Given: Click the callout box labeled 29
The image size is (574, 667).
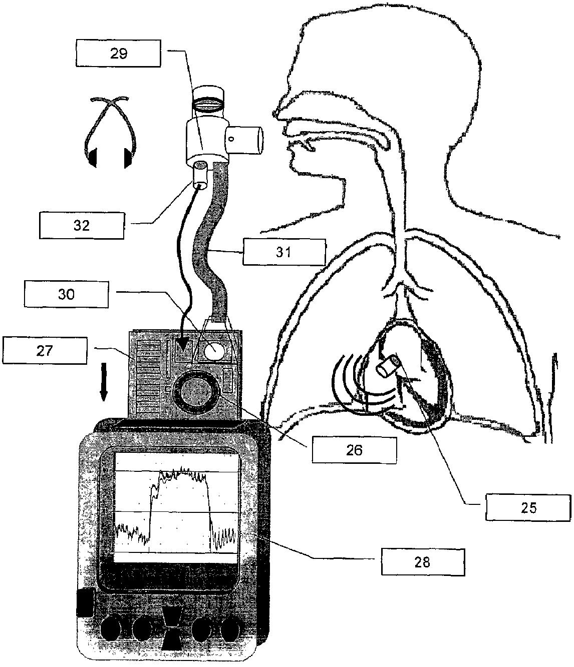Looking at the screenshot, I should point(119,54).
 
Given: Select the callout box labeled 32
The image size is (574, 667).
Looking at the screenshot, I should point(82,225).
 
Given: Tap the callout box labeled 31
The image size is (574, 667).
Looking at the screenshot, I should point(284,252).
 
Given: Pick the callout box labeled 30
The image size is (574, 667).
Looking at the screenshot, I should point(66,294).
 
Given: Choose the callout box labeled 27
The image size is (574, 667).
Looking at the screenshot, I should point(44,350).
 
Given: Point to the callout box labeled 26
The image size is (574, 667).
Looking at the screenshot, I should point(354,450).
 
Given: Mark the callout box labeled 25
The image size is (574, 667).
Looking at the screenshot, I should point(528,507).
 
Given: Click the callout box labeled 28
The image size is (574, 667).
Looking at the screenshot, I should point(422,561).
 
